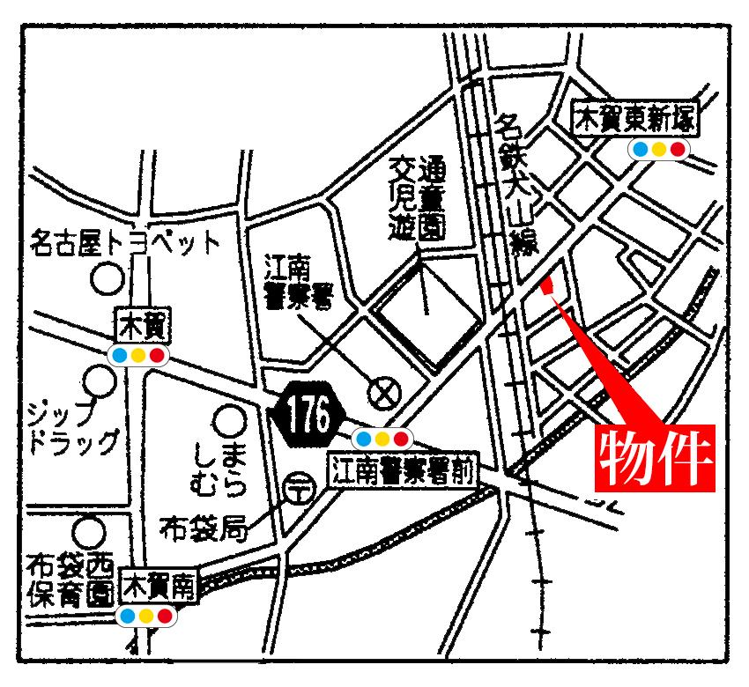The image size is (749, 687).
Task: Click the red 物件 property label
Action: pos(655,457)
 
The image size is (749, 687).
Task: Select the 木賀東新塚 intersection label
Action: pos(636,119)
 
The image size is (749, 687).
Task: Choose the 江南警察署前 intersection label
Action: pos(402,472)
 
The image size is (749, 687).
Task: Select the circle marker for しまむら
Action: pos(231,422)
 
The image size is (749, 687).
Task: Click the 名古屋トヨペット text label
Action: pos(123,241)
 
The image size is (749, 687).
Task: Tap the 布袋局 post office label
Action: pos(202,528)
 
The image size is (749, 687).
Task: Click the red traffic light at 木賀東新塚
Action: pos(677,149)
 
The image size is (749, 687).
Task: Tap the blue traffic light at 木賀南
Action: pos(127,616)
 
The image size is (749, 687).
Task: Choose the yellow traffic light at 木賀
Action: pos(137,356)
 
